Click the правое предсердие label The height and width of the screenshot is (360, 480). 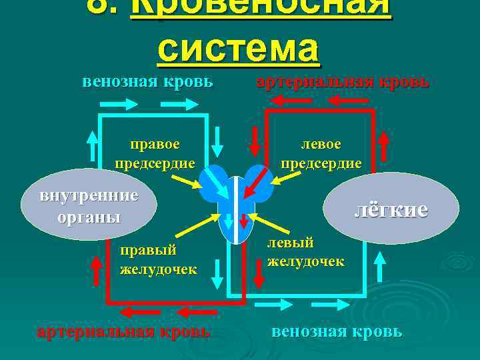[155, 154]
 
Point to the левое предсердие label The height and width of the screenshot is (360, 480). [321, 154]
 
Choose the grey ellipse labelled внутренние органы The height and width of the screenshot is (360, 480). [89, 207]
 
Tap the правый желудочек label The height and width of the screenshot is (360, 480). [158, 259]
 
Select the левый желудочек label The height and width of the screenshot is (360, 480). [305, 252]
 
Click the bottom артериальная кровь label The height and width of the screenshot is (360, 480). [123, 331]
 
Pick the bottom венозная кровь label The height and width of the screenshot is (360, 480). [337, 331]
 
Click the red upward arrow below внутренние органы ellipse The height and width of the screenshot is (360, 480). [96, 270]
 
